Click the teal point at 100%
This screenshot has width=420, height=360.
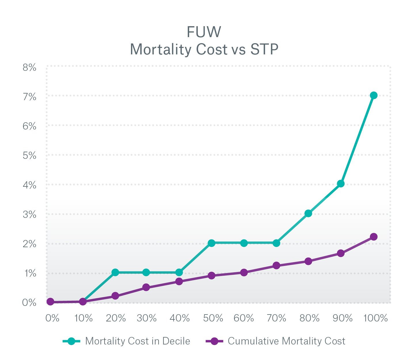(373, 96)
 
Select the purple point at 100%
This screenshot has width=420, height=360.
(373, 237)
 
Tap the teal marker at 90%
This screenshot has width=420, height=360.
(341, 184)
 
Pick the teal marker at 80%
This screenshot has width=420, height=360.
(308, 213)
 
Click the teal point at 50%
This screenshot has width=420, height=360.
(212, 243)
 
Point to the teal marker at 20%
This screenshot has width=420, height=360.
(115, 272)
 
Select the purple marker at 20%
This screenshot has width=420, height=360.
(115, 296)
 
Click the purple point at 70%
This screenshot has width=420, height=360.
(276, 265)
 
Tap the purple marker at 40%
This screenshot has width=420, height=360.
(179, 281)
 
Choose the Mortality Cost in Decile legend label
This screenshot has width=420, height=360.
(138, 341)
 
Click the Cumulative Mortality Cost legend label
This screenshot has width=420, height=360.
(286, 341)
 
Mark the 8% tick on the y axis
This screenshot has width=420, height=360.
(29, 68)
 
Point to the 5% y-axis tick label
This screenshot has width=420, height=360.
(29, 156)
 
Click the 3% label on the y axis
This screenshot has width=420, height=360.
(29, 215)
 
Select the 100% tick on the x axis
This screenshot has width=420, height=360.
(375, 318)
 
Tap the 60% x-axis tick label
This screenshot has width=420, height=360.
(244, 318)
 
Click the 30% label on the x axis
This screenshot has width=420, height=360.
(147, 318)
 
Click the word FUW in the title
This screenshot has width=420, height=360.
(204, 32)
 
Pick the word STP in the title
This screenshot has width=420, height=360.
(264, 49)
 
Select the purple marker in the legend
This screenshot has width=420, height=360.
(214, 341)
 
